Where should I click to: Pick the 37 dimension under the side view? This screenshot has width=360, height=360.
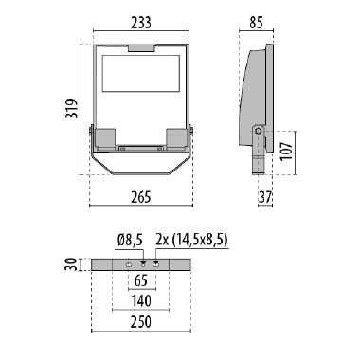click(266, 198)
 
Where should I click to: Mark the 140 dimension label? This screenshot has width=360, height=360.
click(139, 302)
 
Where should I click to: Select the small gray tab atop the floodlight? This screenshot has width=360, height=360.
click(138, 47)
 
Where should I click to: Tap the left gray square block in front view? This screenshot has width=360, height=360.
click(106, 137)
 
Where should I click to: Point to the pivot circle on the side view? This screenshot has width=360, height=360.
click(258, 131)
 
